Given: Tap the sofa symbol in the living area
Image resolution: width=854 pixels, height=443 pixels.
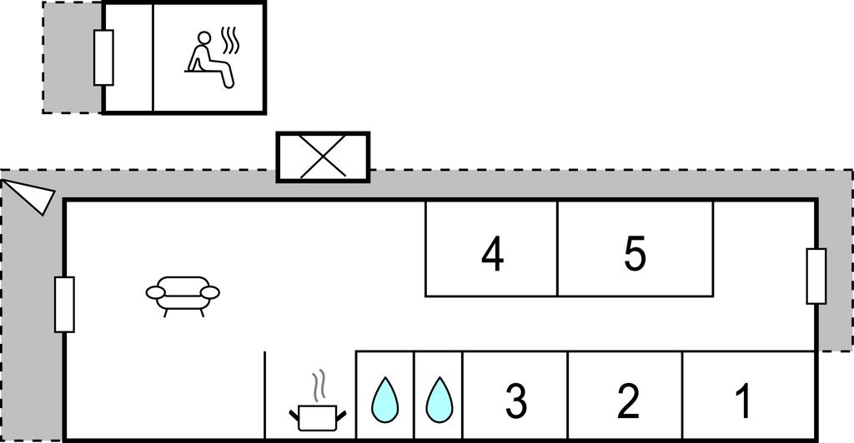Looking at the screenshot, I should pos(183,294).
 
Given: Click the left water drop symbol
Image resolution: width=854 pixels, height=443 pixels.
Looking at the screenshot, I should pos(384,400).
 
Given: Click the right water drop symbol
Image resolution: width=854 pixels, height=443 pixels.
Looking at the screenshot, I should pos(438,400).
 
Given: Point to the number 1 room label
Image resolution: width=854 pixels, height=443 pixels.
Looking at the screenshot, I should pos(742,400).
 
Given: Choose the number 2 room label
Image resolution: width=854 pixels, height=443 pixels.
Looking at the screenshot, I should pos(627,401).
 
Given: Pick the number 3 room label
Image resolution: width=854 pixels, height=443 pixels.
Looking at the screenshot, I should pos(516,401).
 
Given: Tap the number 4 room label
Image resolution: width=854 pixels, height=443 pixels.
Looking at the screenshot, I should pos(492,254).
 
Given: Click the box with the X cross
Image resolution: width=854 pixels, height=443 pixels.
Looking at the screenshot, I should pos(322,157).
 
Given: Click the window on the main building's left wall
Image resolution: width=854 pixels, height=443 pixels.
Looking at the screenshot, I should pos(63,304).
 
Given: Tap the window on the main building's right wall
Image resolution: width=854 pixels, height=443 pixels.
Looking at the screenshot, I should pos(816,276).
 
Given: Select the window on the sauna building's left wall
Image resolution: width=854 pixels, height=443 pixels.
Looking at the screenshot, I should pos(103,57).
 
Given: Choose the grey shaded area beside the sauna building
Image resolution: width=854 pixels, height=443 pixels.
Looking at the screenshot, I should pos(72,57).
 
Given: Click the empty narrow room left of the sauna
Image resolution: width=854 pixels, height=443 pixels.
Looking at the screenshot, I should pos(128,57).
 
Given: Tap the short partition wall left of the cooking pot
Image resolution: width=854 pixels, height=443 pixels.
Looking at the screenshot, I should pos(264,395).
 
